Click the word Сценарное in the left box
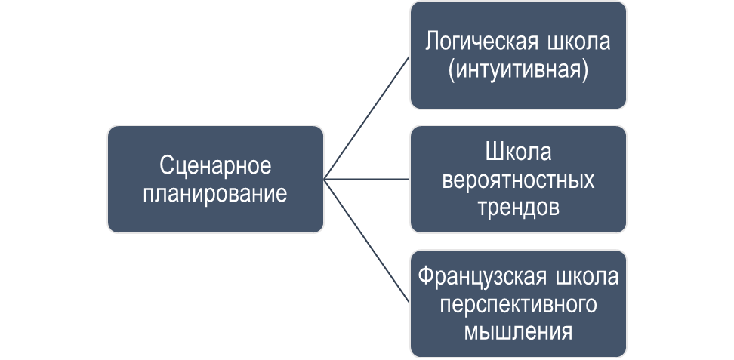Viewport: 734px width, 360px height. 215,166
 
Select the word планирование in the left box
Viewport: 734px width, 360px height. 215,193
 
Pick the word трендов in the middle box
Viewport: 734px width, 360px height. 518,207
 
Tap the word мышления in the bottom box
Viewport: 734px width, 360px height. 518,331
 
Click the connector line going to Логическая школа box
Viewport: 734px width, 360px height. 367,117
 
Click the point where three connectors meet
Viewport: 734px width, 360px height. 325,180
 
